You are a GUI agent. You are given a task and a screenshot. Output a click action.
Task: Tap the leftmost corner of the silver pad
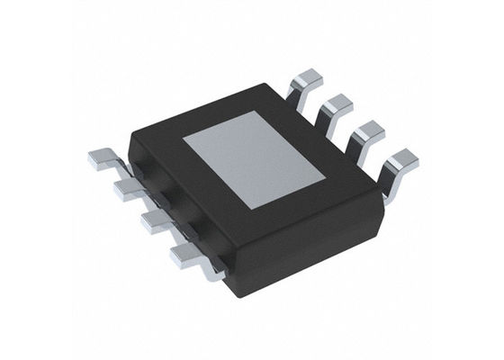click(x=184, y=140)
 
